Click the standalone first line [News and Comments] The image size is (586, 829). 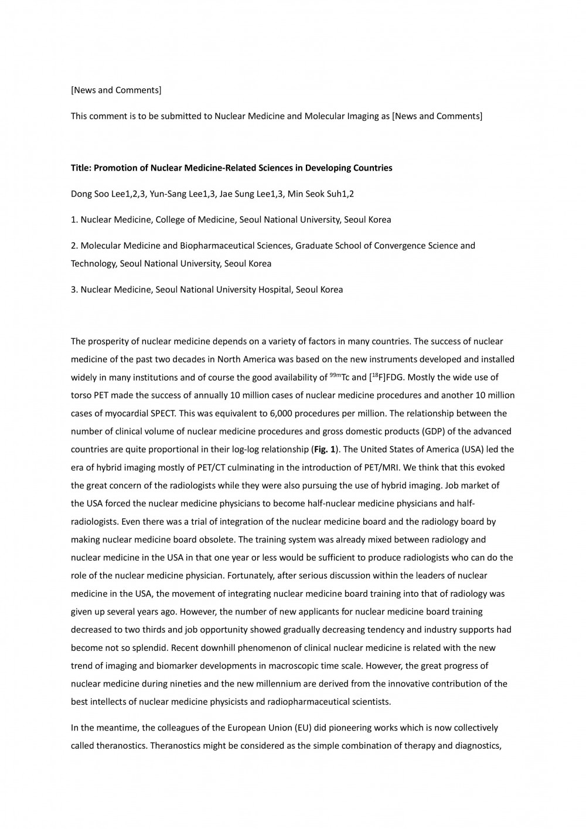coord(116,90)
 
